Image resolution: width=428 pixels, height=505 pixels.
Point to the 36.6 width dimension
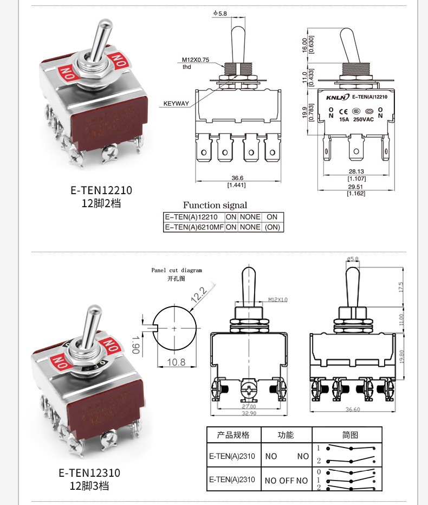point(237,178)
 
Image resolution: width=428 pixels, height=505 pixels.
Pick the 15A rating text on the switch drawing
point(344,119)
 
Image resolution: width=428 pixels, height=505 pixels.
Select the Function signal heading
point(215,205)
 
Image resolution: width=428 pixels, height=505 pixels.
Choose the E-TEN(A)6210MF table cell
point(194,227)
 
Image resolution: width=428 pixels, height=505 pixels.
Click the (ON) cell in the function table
point(272,227)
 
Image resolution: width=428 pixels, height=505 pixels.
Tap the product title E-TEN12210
point(101,191)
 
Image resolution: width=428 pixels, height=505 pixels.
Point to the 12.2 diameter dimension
point(199,295)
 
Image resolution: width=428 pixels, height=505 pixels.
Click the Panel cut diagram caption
point(177,270)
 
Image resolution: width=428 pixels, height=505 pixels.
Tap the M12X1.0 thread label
point(278,299)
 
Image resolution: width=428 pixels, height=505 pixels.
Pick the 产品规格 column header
point(234,434)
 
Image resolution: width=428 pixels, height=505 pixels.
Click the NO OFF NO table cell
point(286,480)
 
